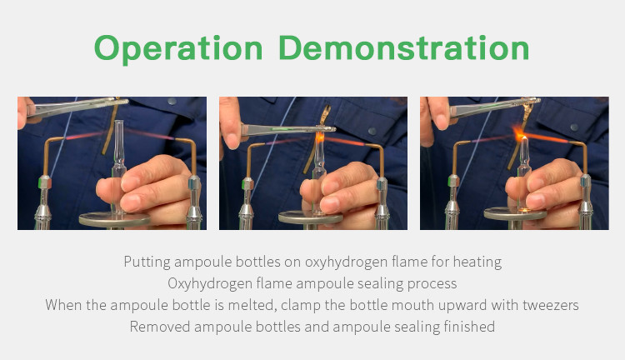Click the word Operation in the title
pyautogui.click(x=178, y=49)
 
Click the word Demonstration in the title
pyautogui.click(x=404, y=47)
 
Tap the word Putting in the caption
pyautogui.click(x=147, y=262)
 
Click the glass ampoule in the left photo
pyautogui.click(x=117, y=167)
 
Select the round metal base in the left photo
pyautogui.click(x=115, y=219)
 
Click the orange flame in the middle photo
pyautogui.click(x=320, y=138)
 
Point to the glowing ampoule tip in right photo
pyautogui.click(x=525, y=138)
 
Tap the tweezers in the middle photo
pyautogui.click(x=287, y=129)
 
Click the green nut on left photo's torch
pyautogui.click(x=45, y=182)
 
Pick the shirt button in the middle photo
pyautogui.click(x=372, y=131)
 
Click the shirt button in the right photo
pyautogui.click(x=574, y=127)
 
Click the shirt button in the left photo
pyautogui.click(x=172, y=101)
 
